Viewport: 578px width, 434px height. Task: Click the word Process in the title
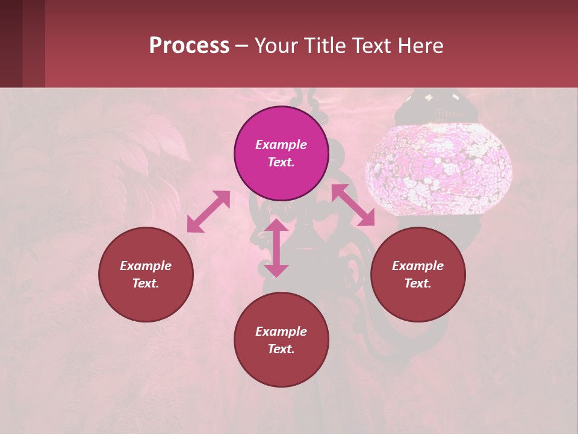pyautogui.click(x=189, y=46)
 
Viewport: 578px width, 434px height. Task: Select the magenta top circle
pyautogui.click(x=281, y=153)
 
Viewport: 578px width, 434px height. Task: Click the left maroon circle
pyautogui.click(x=146, y=274)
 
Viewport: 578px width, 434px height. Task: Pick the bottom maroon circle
pyautogui.click(x=281, y=339)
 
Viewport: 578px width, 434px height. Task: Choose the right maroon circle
pyautogui.click(x=418, y=274)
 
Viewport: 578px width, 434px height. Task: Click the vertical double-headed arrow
pyautogui.click(x=276, y=248)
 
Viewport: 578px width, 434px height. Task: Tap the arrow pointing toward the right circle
pyautogui.click(x=353, y=206)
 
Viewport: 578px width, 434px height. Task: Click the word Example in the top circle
pyautogui.click(x=281, y=145)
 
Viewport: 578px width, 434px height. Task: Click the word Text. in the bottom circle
pyautogui.click(x=281, y=349)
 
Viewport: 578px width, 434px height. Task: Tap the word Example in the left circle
pyautogui.click(x=146, y=266)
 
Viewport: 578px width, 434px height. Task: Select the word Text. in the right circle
pyautogui.click(x=418, y=283)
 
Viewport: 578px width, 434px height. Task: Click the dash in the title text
pyautogui.click(x=241, y=46)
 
